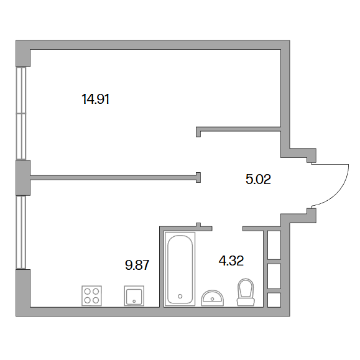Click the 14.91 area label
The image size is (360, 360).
coord(95,99)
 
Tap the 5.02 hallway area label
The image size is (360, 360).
coord(258,179)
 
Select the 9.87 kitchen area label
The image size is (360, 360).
coord(137,265)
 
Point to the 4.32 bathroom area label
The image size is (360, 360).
coord(231,261)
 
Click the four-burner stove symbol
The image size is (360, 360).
coord(91,296)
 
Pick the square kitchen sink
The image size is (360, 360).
coord(134,296)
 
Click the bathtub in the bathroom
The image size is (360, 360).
coord(180,269)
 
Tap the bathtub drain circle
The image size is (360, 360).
coord(180,296)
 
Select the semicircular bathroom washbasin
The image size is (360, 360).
coord(213,298)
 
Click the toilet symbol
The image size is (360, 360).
coord(246,292)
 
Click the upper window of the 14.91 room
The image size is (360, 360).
coord(21,113)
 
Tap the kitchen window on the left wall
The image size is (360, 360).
coord(21,232)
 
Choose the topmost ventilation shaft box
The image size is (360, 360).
coord(274,245)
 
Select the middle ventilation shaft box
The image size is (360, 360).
coord(274,276)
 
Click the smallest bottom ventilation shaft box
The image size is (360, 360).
coord(274,300)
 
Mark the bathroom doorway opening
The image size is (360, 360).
coord(228,228)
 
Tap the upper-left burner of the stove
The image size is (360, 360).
coord(88,292)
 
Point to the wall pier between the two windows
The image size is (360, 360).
coord(23,178)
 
